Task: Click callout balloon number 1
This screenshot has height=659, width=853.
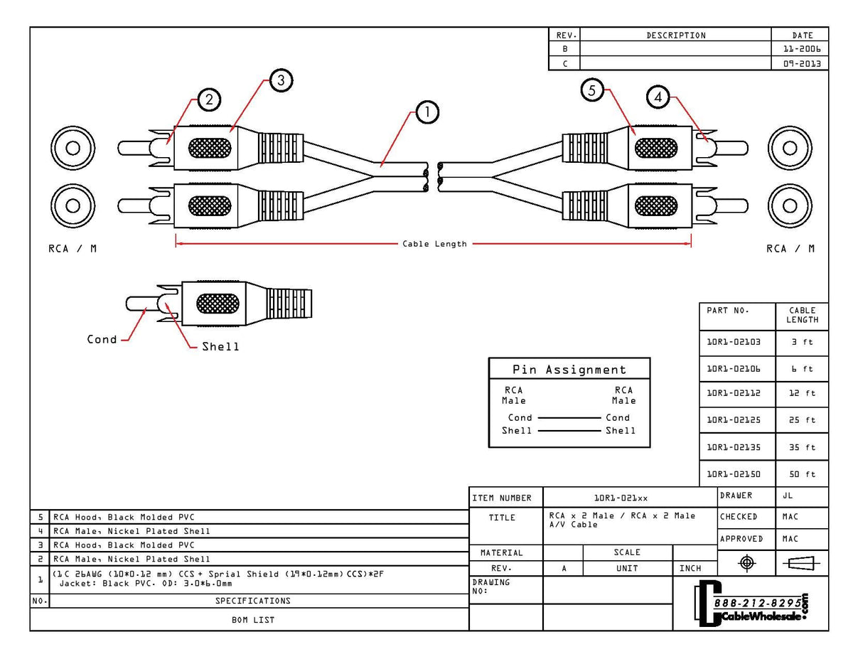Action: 427,112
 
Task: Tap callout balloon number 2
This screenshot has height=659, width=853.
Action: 208,100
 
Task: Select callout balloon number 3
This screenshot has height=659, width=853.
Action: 281,81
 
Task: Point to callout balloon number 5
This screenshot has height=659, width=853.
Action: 592,90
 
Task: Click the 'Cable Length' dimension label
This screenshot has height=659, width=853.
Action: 434,244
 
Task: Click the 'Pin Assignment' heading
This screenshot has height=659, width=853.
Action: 569,370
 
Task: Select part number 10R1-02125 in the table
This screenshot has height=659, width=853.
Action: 734,420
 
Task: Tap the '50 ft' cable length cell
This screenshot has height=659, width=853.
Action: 802,474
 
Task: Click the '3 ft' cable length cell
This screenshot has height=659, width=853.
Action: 802,342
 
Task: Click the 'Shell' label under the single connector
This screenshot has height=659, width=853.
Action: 220,347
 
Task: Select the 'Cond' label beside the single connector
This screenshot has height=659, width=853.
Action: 102,339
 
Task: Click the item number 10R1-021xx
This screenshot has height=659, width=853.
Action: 621,498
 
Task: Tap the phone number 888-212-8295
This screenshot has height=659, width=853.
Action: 756,603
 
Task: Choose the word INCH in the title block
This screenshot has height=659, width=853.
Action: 690,568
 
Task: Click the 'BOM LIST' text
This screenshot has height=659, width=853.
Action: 253,620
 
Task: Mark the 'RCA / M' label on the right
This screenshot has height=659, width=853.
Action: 790,249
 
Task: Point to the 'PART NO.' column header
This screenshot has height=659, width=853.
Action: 728,311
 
